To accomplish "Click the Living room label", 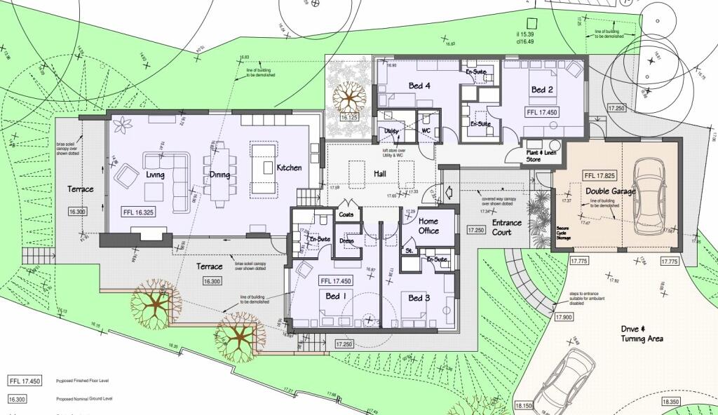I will [155, 174].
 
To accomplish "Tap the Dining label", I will [220, 175].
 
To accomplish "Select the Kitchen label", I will [289, 168].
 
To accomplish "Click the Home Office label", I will [428, 226].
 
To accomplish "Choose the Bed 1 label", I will [335, 297].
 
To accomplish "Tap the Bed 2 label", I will [542, 90].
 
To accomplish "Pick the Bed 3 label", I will [419, 298].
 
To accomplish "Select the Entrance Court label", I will [506, 228].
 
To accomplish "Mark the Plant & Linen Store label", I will [543, 156].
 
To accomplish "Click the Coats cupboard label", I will [346, 215].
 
